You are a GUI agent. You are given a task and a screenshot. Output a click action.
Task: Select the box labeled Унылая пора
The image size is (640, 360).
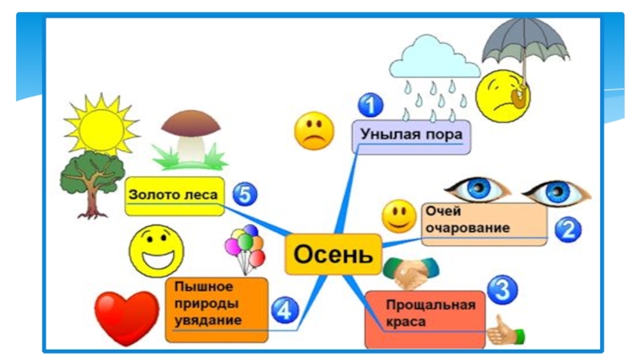(411, 136)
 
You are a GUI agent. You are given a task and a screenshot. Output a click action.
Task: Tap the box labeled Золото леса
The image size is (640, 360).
(174, 195)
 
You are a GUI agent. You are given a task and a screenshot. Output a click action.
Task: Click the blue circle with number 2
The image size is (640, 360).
(567, 230)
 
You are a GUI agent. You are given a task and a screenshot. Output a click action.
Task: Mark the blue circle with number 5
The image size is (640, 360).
(245, 194)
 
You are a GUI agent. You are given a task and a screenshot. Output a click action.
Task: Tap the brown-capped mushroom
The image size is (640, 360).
(190, 136)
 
